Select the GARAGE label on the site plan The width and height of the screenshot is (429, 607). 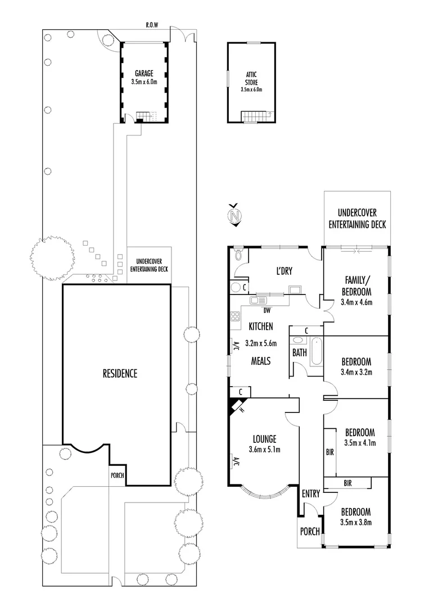tap(144, 74)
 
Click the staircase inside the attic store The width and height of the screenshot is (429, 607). tap(256, 116)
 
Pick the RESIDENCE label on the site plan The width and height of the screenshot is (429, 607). tap(119, 373)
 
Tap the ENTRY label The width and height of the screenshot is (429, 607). tap(310, 494)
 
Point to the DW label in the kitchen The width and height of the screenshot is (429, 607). tap(267, 309)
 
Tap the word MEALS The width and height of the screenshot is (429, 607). tap(260, 361)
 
